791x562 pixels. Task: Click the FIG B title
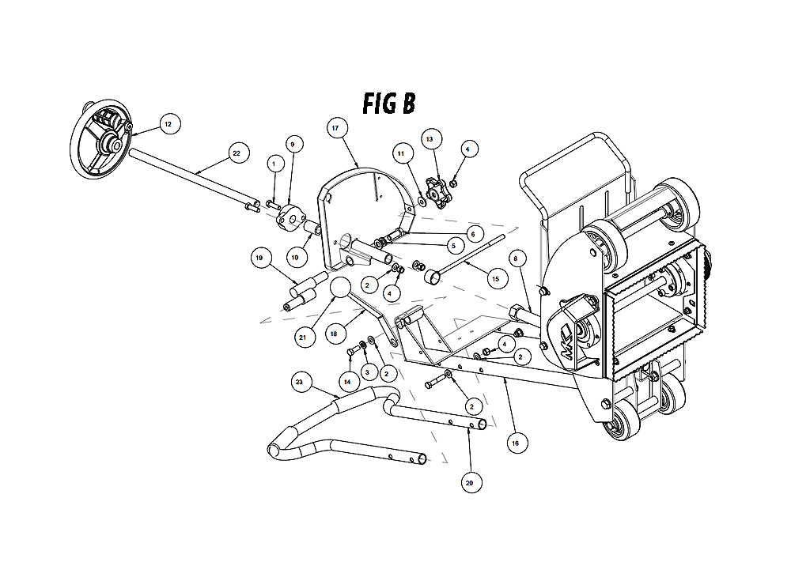point(389,104)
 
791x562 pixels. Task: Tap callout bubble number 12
point(168,124)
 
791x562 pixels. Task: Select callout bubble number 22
point(237,153)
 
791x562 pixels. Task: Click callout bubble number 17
point(335,128)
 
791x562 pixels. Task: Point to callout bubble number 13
point(430,139)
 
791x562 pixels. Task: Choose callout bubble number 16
point(516,443)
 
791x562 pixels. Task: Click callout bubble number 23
point(299,382)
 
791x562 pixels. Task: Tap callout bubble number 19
point(259,258)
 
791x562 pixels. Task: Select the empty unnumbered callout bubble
point(340,287)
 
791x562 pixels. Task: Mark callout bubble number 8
point(516,259)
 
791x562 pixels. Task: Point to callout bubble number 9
point(293,144)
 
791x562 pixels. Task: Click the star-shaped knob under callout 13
point(437,192)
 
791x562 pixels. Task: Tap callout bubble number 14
point(347,382)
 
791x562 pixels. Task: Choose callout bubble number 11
point(401,153)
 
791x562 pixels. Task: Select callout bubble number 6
point(473,235)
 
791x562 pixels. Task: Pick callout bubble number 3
point(367,372)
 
